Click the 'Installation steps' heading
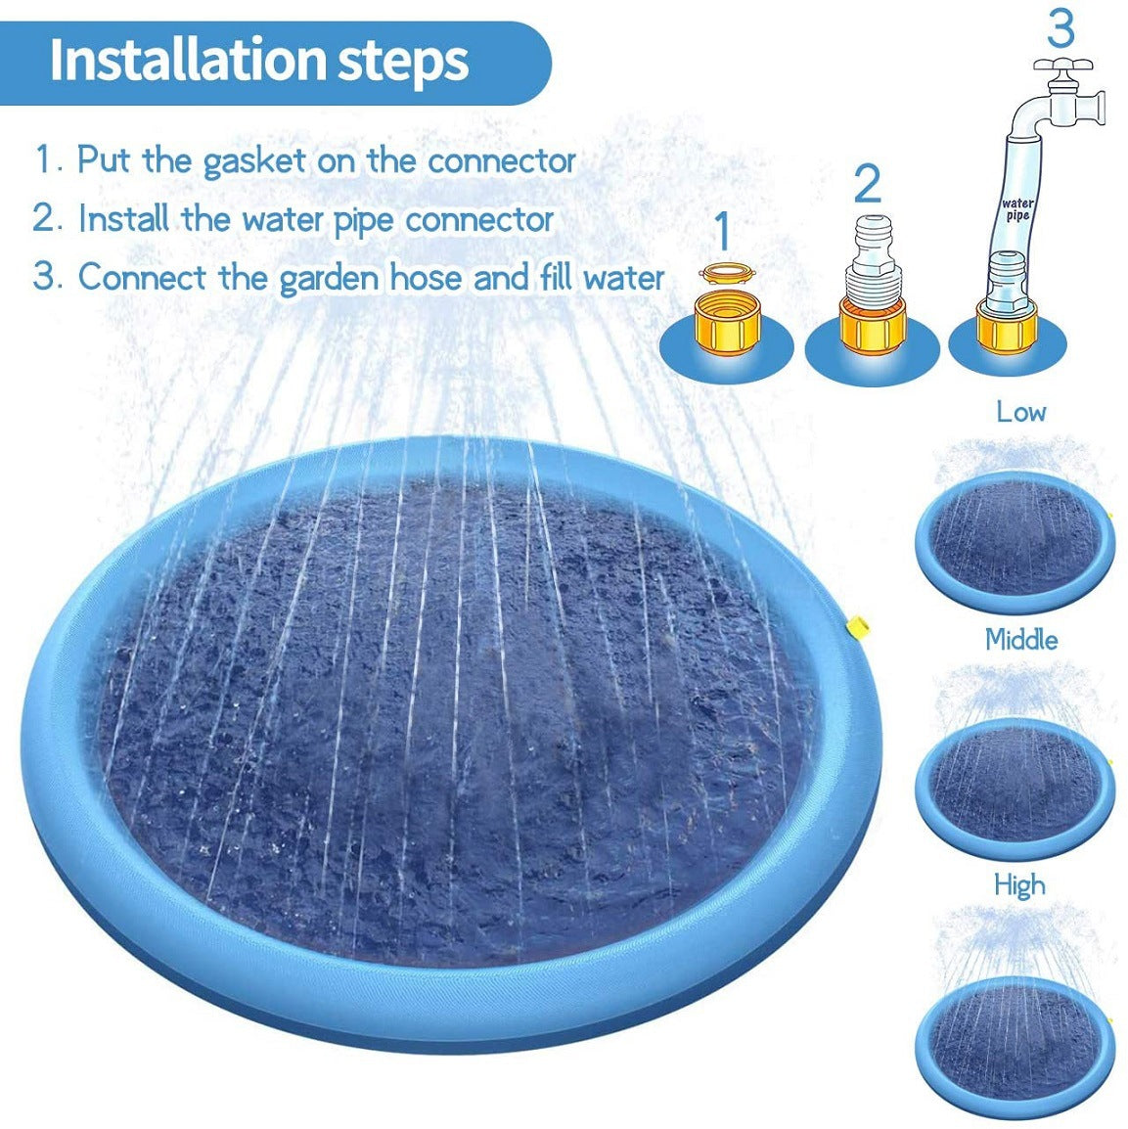coord(259,61)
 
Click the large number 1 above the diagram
coord(722,231)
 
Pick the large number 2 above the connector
coord(867,184)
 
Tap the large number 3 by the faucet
coord(1060,29)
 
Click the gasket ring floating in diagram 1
coord(724,272)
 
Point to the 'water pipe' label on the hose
coord(1017,209)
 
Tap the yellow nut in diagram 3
coord(1005,327)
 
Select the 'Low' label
coord(1020,412)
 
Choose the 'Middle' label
coord(1020,640)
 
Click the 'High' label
coord(1018,885)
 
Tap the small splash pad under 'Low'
coord(1015,541)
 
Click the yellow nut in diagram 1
coord(725,323)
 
